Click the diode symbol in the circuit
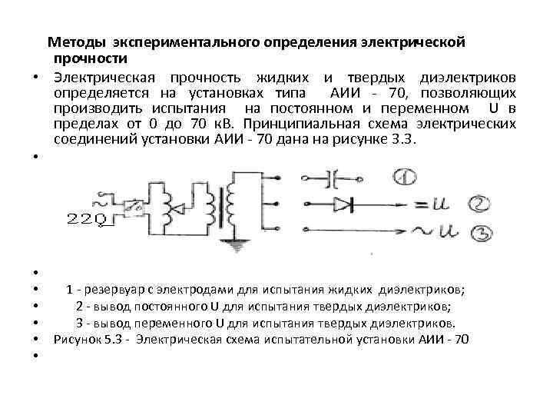coord(344,205)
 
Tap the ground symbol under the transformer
coord(235,245)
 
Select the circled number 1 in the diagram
coord(406,179)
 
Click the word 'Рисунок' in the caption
coord(79,339)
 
